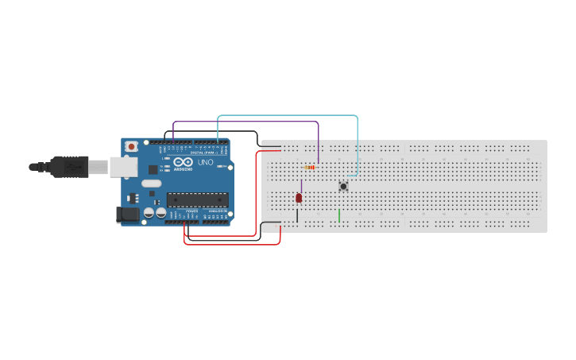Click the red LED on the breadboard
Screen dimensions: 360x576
click(299, 198)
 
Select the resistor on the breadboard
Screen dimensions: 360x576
click(310, 168)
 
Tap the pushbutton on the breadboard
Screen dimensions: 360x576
click(343, 186)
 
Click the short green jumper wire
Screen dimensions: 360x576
click(339, 215)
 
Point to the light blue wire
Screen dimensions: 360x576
click(286, 116)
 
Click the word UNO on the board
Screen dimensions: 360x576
click(205, 162)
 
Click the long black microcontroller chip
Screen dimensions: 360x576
click(197, 199)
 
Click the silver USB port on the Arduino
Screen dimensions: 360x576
click(122, 166)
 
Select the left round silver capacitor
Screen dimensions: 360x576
click(149, 213)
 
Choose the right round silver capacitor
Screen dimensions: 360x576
click(160, 213)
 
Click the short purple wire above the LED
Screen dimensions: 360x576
click(301, 186)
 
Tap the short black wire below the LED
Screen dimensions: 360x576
click(297, 215)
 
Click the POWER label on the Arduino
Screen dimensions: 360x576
click(191, 211)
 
